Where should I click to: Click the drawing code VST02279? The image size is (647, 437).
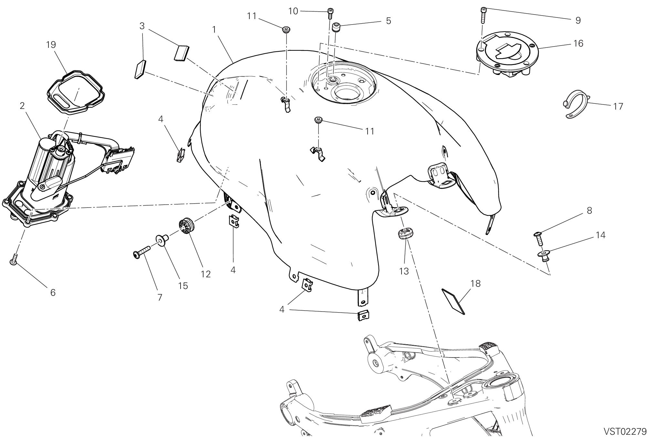point(625,432)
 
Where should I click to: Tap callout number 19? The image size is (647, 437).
point(51,45)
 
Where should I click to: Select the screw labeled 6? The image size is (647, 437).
point(13,259)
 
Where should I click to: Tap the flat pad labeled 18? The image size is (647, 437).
point(453,301)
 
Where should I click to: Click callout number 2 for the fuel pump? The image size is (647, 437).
point(22,106)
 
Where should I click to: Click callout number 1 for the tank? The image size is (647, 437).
point(214,29)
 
